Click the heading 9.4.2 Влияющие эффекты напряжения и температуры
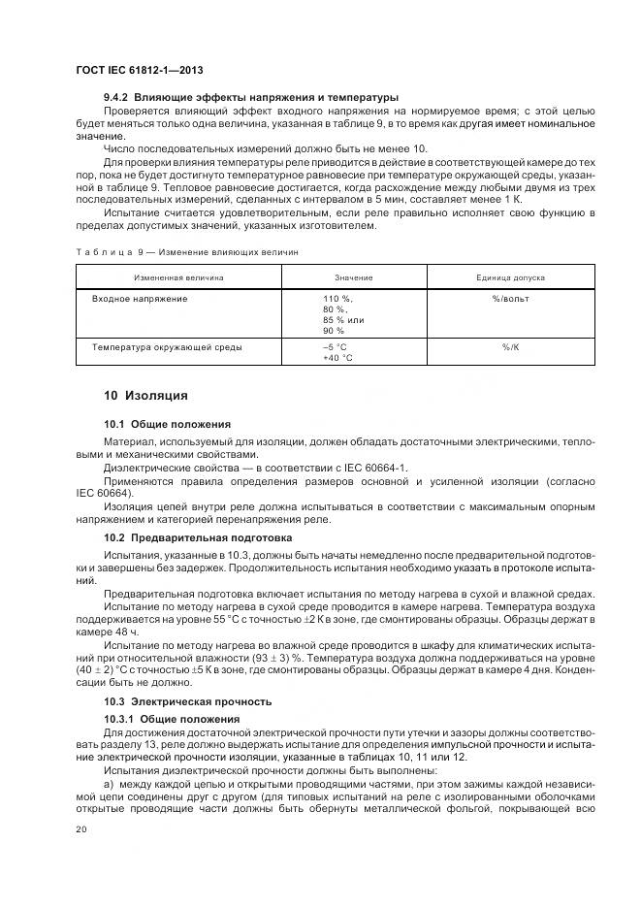pyautogui.click(x=251, y=97)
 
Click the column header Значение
pyautogui.click(x=353, y=277)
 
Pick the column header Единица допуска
pyautogui.click(x=510, y=277)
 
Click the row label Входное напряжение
pyautogui.click(x=140, y=299)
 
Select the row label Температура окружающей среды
pyautogui.click(x=167, y=346)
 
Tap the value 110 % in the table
pyautogui.click(x=337, y=299)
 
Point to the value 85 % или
pyautogui.click(x=343, y=319)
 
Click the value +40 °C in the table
pyautogui.click(x=337, y=357)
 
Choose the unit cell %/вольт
pyautogui.click(x=510, y=299)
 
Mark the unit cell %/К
pyautogui.click(x=510, y=346)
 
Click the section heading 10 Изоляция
pyautogui.click(x=144, y=396)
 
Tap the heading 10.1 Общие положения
pyautogui.click(x=167, y=424)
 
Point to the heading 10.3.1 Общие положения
pyautogui.click(x=173, y=718)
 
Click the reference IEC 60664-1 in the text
pyautogui.click(x=375, y=468)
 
